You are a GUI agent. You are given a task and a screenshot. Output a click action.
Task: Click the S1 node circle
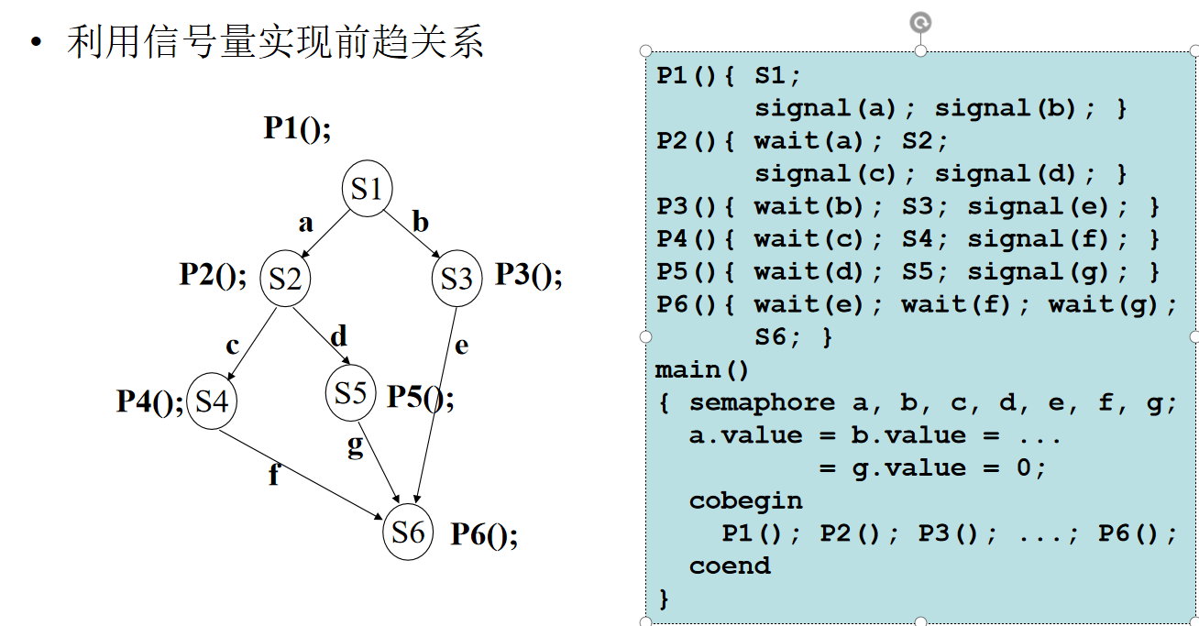pyautogui.click(x=367, y=190)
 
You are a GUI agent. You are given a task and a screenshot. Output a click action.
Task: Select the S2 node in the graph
pyautogui.click(x=285, y=278)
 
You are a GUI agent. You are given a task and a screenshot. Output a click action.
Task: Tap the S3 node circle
pyautogui.click(x=456, y=278)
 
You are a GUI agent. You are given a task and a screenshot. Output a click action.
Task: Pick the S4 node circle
pyautogui.click(x=212, y=401)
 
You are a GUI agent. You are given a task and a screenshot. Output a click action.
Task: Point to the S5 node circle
pyautogui.click(x=351, y=393)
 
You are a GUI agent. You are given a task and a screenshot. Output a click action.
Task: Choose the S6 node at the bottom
pyautogui.click(x=408, y=531)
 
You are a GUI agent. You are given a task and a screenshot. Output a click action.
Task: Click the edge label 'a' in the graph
pyautogui.click(x=305, y=223)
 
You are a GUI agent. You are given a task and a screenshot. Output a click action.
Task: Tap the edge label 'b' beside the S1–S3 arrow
pyautogui.click(x=420, y=222)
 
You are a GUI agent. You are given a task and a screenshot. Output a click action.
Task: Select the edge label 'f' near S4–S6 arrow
pyautogui.click(x=273, y=476)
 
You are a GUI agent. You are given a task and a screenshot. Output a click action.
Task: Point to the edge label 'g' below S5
pyautogui.click(x=356, y=445)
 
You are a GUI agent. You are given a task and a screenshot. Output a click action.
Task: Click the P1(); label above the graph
pyautogui.click(x=297, y=128)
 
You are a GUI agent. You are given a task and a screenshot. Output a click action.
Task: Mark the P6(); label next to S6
pyautogui.click(x=483, y=534)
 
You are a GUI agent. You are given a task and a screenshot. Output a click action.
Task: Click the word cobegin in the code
pyautogui.click(x=745, y=501)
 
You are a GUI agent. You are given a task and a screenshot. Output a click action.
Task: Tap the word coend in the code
pyautogui.click(x=730, y=566)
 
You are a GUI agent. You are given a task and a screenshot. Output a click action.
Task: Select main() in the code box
pyautogui.click(x=702, y=370)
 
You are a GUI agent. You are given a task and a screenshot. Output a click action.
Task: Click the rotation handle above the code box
pyautogui.click(x=920, y=22)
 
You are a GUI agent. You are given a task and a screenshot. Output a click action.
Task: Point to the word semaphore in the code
pyautogui.click(x=762, y=402)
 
